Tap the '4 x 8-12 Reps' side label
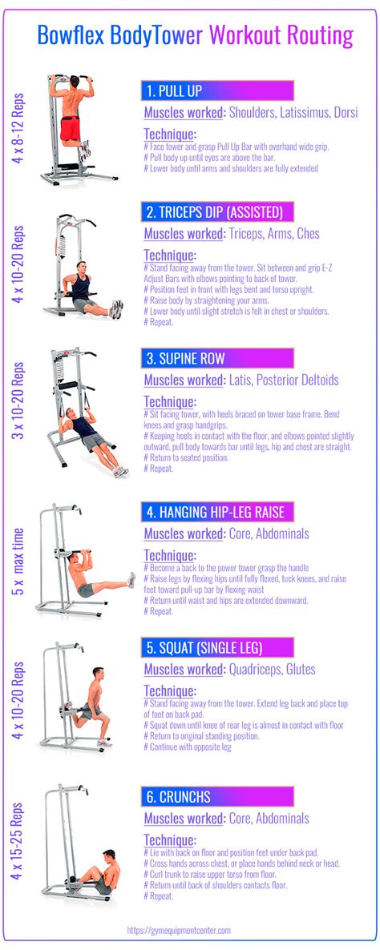(18, 128)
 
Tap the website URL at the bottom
(190, 930)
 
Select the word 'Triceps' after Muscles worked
(250, 234)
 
